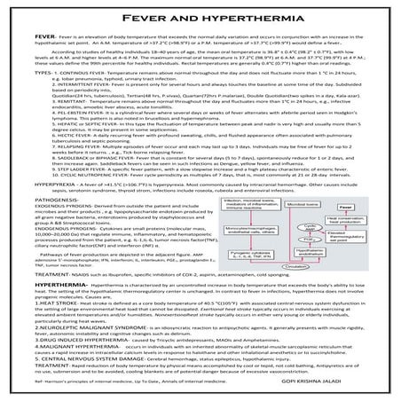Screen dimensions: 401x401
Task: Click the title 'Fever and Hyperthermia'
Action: click(x=200, y=15)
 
